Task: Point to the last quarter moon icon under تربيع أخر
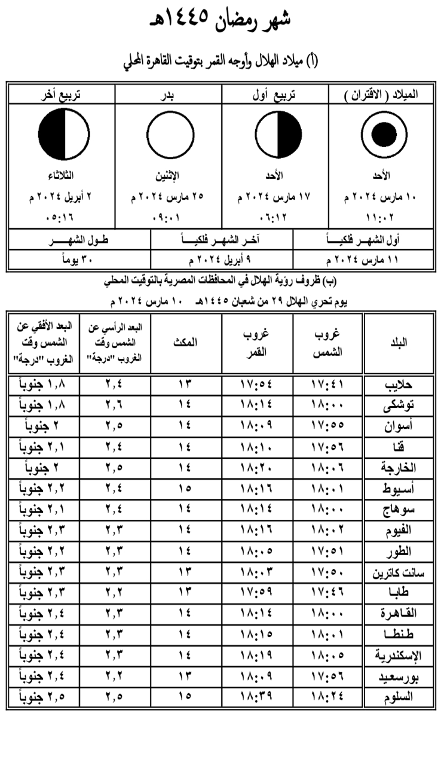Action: coord(64,136)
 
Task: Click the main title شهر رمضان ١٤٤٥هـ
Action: coord(220,21)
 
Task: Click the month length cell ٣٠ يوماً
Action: coord(78,260)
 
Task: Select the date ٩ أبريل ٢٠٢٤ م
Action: coord(222,260)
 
